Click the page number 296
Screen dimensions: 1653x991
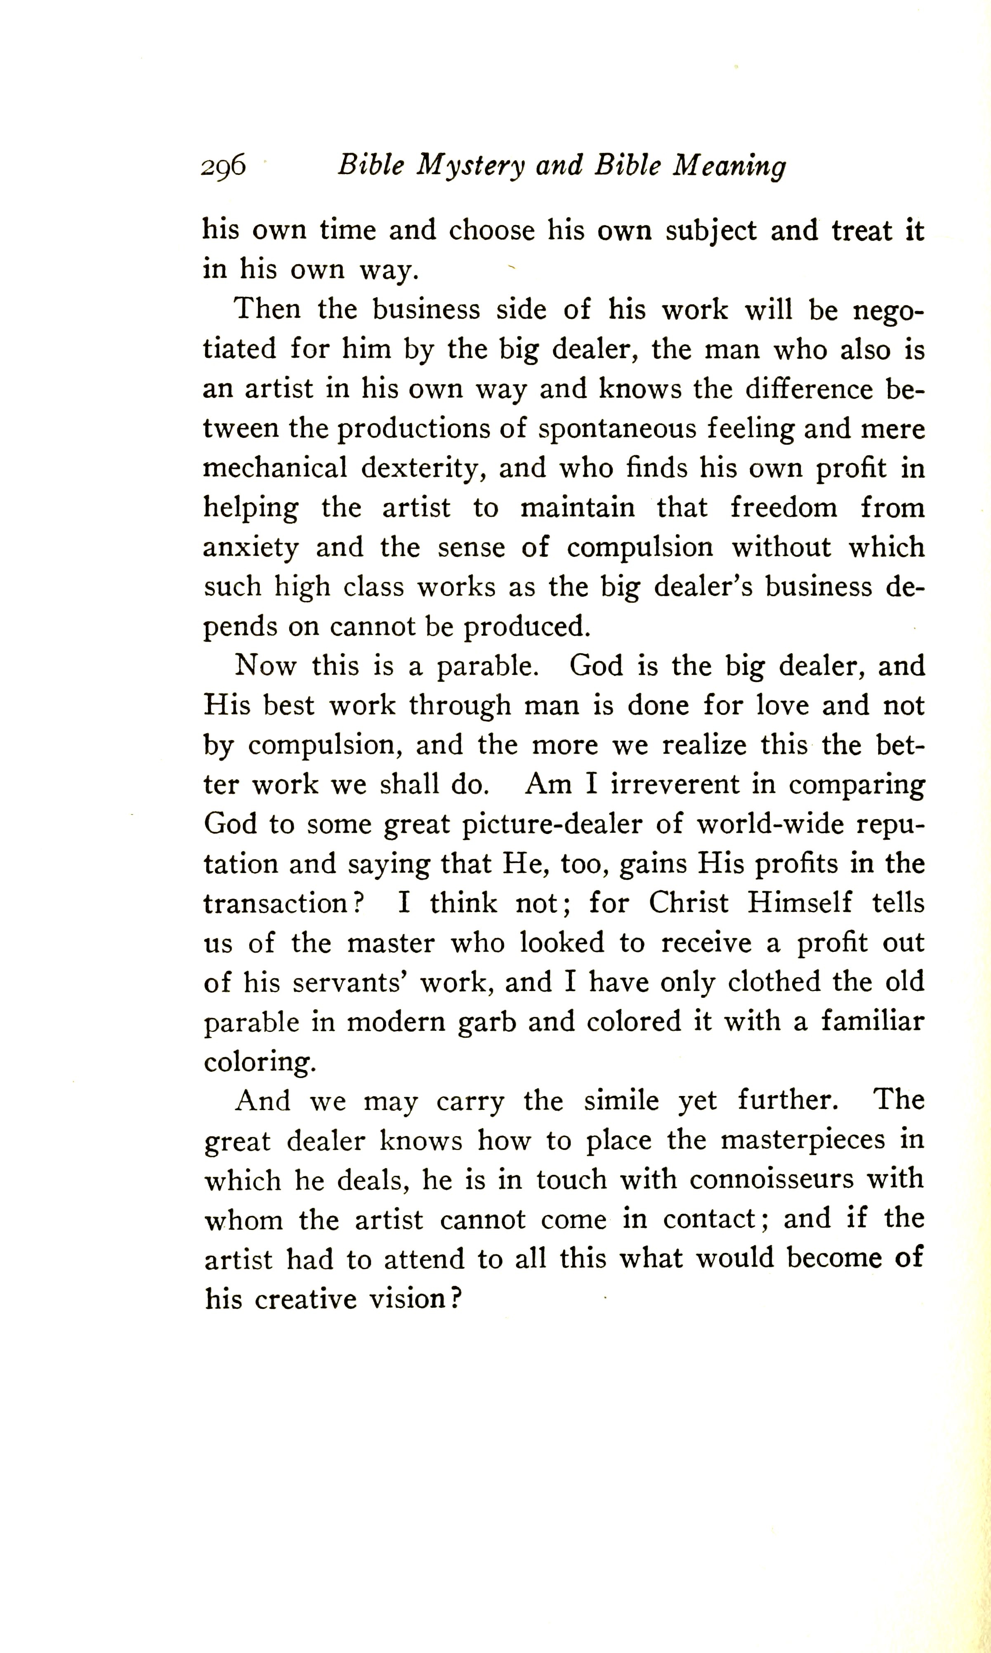click(x=223, y=165)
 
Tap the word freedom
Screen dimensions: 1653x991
click(x=783, y=508)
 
